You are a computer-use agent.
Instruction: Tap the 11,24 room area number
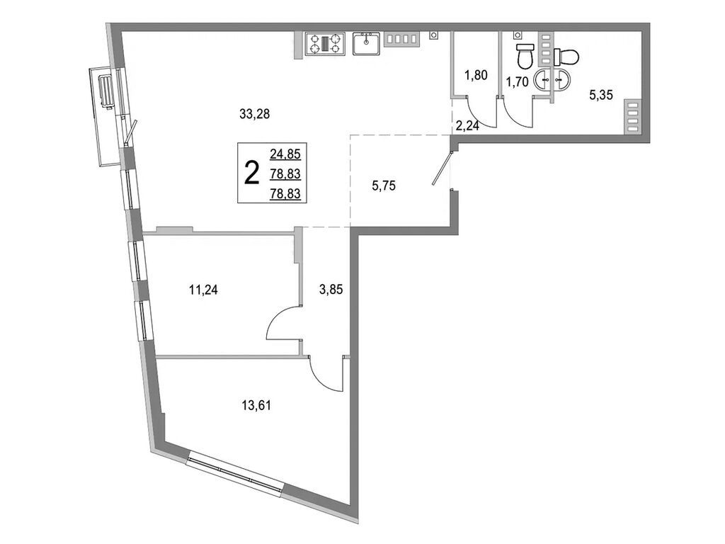pyautogui.click(x=202, y=288)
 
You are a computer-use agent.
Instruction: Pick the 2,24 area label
pyautogui.click(x=468, y=126)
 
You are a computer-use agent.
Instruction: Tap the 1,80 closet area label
pyautogui.click(x=476, y=74)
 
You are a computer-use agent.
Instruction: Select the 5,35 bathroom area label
pyautogui.click(x=603, y=93)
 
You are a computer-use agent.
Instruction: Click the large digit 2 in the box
pyautogui.click(x=251, y=172)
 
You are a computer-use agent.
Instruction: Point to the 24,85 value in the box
pyautogui.click(x=285, y=152)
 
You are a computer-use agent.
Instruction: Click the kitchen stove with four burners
pyautogui.click(x=324, y=45)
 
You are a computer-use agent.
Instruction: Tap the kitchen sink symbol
pyautogui.click(x=367, y=45)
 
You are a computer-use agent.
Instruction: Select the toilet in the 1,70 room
pyautogui.click(x=524, y=53)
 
